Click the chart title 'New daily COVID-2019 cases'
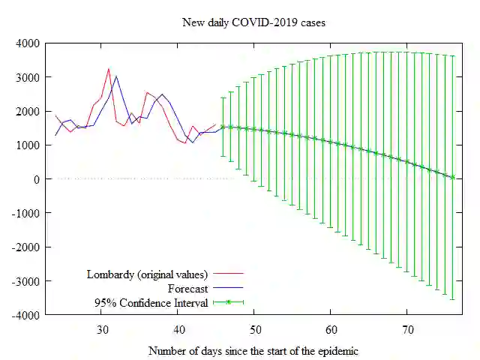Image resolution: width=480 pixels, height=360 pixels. pos(254,22)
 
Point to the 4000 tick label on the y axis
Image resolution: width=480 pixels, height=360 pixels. pos(29,43)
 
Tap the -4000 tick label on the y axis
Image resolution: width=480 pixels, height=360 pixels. pos(27,315)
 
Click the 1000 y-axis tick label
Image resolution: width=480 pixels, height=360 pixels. pos(29,145)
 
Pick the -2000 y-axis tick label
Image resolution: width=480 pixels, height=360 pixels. pos(27,247)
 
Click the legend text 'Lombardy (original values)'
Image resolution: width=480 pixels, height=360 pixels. pos(147,274)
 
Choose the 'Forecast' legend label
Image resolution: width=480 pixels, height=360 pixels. pos(187,288)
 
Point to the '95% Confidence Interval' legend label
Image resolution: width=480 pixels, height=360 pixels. pos(151,303)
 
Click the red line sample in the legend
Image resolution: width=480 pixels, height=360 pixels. pos(229,274)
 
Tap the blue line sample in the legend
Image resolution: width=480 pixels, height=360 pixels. pos(229,288)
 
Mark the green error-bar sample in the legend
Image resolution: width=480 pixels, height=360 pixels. pos(229,303)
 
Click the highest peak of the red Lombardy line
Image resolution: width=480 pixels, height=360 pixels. pos(109,69)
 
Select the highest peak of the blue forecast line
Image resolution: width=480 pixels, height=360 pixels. pos(116,76)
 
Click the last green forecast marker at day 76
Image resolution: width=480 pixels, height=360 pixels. pos(453,177)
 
